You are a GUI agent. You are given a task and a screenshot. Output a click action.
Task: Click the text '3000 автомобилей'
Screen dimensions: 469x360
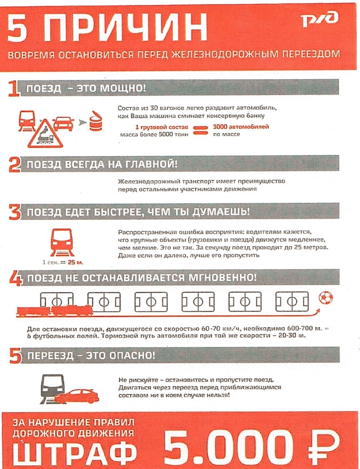point(240,127)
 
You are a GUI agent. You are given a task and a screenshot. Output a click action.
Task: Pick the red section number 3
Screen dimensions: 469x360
point(16,212)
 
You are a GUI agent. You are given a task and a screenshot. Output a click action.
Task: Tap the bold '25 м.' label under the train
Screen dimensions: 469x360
point(75,263)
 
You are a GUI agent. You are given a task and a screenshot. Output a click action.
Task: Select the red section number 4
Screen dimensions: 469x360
point(16,278)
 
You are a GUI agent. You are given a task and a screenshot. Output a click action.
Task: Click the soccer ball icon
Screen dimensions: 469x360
point(325,297)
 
